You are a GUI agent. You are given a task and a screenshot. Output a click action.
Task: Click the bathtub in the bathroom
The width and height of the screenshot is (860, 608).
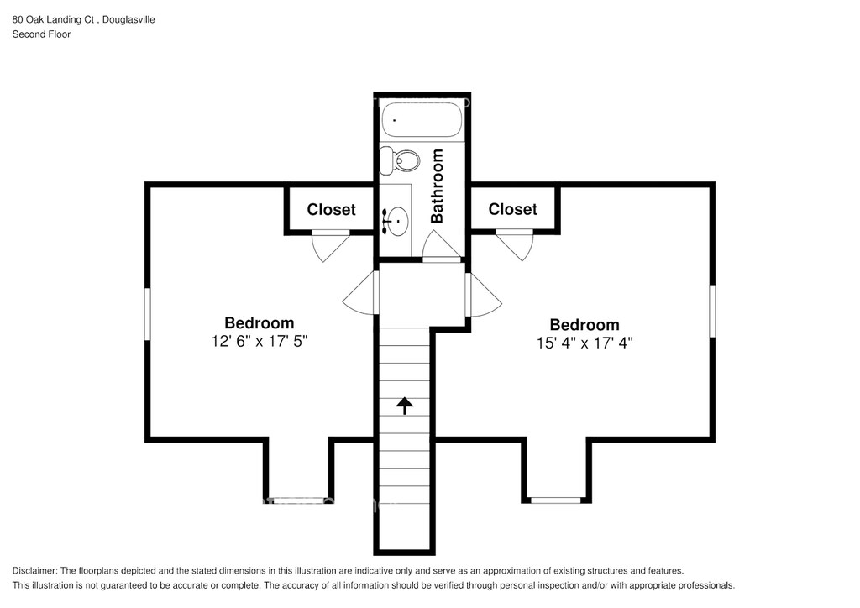[x=422, y=119]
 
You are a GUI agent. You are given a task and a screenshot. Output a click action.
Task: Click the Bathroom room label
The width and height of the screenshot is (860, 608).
[x=437, y=186]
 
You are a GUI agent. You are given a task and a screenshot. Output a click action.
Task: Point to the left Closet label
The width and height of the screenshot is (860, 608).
[x=331, y=209]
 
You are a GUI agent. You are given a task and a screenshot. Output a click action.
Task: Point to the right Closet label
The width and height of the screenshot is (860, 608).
[x=513, y=209]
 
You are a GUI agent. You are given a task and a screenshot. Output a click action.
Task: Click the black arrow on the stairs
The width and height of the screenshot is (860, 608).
[x=405, y=406]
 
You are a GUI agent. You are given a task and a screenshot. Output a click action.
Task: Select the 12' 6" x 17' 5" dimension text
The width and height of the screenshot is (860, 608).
[x=260, y=341]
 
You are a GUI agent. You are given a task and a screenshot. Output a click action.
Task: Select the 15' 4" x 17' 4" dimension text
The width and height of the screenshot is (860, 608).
[x=585, y=343]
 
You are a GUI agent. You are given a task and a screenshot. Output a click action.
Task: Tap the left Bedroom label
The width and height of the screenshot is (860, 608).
[x=260, y=322]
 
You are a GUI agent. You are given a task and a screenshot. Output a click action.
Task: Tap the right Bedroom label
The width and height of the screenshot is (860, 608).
[x=585, y=324]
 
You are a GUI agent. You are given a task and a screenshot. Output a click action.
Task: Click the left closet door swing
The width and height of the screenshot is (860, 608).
[x=331, y=244]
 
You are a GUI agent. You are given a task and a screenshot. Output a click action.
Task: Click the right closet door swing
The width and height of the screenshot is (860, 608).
[x=515, y=244]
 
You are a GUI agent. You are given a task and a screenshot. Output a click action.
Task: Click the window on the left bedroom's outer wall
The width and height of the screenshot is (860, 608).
[x=147, y=314]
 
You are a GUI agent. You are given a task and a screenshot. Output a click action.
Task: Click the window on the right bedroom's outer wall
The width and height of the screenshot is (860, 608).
[x=712, y=311]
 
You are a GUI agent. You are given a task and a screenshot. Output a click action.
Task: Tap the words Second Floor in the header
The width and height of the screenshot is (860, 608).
[x=42, y=34]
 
